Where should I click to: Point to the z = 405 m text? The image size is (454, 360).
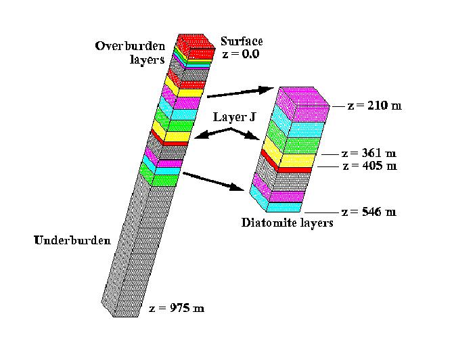click(x=369, y=166)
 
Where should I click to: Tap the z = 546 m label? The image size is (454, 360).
click(x=369, y=212)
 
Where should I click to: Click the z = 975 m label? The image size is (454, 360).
click(x=176, y=309)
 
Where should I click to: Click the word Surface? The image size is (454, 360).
click(x=241, y=42)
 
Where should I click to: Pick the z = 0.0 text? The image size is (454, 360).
click(x=240, y=53)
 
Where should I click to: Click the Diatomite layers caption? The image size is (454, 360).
click(x=288, y=222)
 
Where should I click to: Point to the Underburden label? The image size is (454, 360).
click(x=72, y=241)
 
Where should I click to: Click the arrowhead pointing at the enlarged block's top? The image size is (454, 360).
click(x=268, y=89)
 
